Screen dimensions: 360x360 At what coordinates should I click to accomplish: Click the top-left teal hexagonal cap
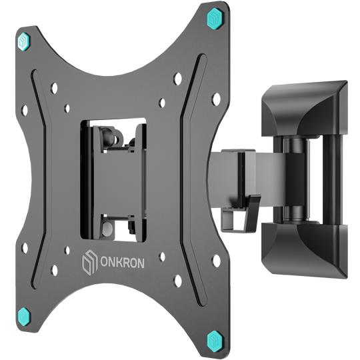click(25, 41)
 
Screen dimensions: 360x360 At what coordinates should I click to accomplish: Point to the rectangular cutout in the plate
click(113, 180)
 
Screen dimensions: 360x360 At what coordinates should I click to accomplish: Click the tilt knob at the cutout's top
click(115, 137)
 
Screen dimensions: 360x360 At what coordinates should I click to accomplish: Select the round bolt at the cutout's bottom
click(107, 229)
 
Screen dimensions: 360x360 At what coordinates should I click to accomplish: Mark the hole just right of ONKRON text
click(162, 257)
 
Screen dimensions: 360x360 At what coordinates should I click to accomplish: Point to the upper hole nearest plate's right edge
click(215, 98)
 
